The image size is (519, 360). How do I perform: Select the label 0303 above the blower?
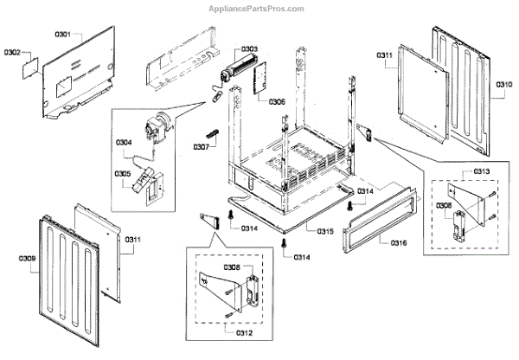click(x=248, y=48)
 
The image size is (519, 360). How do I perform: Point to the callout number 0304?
click(x=124, y=142)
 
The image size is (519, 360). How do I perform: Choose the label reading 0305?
click(x=124, y=173)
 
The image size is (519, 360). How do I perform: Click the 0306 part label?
click(x=277, y=101)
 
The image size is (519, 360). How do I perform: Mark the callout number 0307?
click(x=201, y=146)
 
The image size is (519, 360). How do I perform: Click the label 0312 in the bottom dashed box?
click(x=247, y=331)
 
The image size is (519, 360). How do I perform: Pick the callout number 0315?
click(x=325, y=232)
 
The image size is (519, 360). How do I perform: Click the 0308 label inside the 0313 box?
click(x=442, y=205)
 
